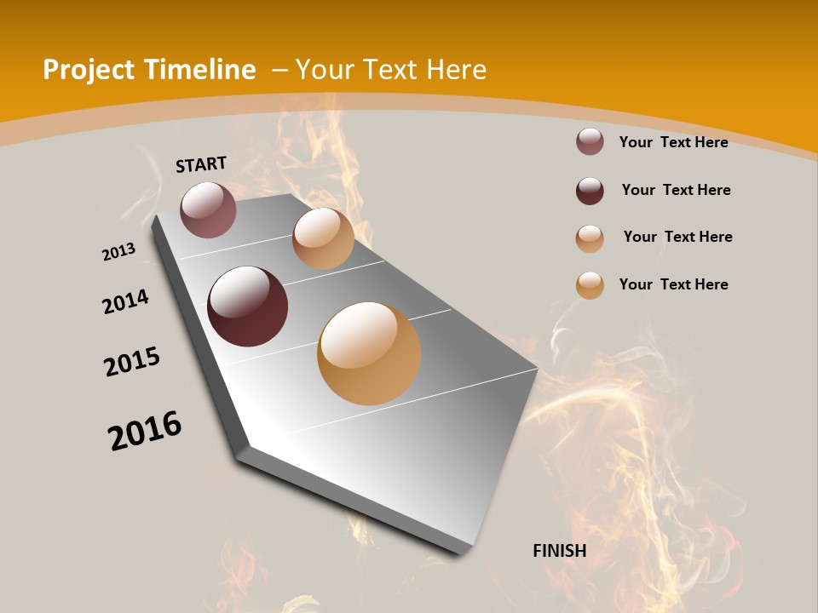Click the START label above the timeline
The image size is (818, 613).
[201, 164]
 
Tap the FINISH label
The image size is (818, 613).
[559, 551]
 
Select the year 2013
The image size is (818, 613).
[118, 252]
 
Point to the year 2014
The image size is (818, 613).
[125, 301]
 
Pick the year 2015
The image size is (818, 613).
[132, 362]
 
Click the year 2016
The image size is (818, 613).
[145, 430]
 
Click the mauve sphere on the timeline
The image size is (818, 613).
[208, 209]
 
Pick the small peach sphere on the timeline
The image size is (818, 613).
[323, 238]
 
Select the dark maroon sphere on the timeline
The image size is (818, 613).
[248, 306]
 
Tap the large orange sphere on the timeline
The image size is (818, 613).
[369, 353]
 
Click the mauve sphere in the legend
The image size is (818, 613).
[590, 141]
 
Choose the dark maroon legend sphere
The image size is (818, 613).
[590, 190]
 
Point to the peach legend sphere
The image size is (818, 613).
[590, 238]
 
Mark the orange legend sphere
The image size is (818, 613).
[590, 285]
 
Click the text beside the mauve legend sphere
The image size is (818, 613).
[673, 142]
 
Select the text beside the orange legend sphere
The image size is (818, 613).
[673, 284]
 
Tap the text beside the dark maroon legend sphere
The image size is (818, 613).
[676, 190]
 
